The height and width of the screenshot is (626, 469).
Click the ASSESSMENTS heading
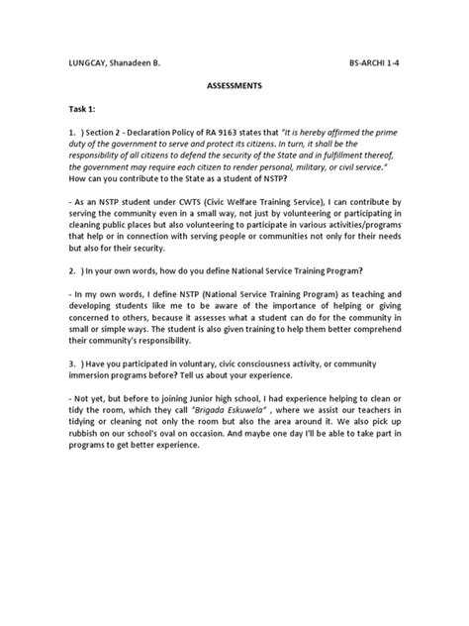click(234, 86)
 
